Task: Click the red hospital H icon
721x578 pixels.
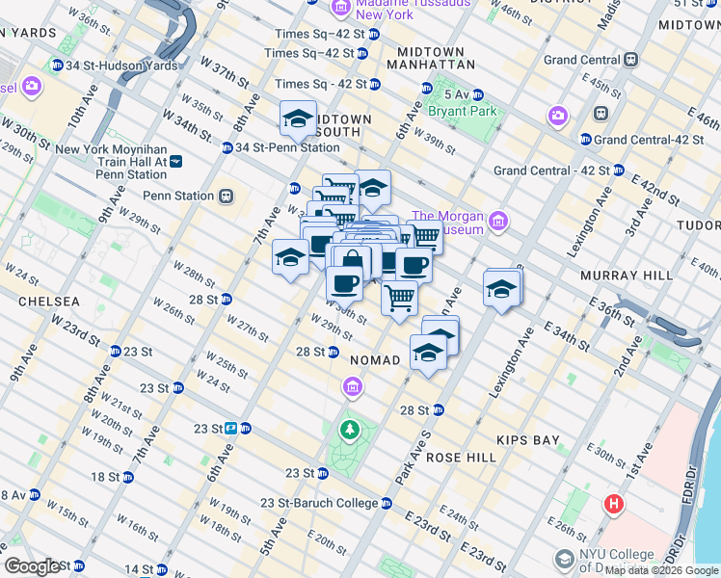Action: click(613, 504)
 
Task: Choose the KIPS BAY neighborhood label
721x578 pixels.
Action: click(527, 440)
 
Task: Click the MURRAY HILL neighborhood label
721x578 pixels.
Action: click(627, 276)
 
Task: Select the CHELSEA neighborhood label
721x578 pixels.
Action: click(47, 302)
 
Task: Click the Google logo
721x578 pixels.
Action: click(31, 566)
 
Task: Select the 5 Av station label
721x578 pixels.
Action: click(457, 94)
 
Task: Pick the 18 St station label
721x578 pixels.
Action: click(104, 477)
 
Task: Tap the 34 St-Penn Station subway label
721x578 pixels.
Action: click(287, 147)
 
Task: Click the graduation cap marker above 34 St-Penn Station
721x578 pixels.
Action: click(299, 119)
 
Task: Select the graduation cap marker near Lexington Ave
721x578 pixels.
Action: click(501, 290)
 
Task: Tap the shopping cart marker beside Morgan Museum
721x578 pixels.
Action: click(424, 236)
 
